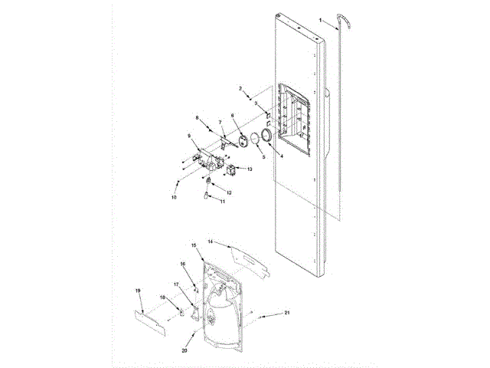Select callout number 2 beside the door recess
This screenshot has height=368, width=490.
[x=241, y=90]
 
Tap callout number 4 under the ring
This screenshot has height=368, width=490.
[x=281, y=156]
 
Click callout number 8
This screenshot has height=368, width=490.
[x=198, y=118]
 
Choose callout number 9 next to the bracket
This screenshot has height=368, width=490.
[x=189, y=136]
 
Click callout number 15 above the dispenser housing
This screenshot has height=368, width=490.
[x=194, y=245]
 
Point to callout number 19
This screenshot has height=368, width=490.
[x=138, y=291]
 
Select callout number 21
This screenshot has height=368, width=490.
[x=287, y=313]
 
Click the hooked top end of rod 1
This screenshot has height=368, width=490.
[x=340, y=25]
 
